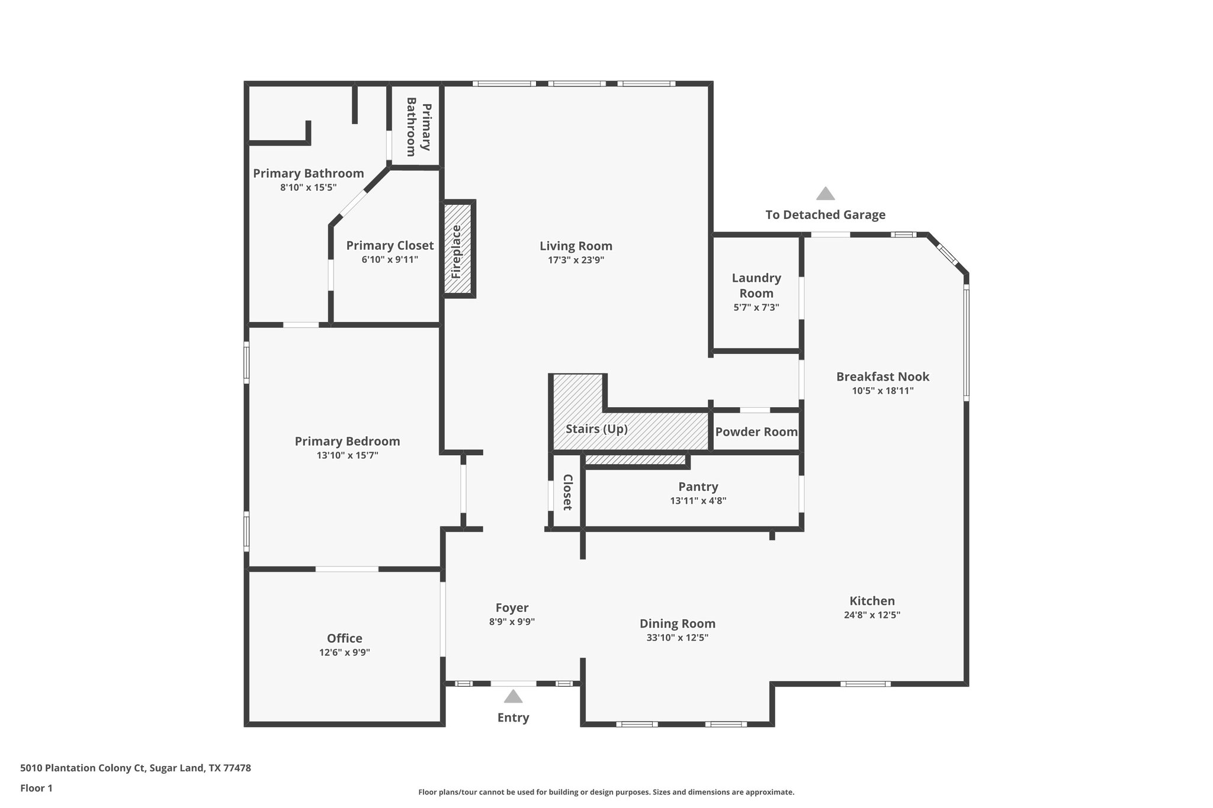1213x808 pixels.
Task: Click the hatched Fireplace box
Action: (458, 249)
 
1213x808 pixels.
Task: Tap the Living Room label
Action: (576, 246)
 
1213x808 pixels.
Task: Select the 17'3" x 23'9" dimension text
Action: (576, 260)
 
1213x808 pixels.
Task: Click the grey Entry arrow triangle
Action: (513, 696)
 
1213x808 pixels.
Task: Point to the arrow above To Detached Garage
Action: (825, 194)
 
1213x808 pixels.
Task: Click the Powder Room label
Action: (756, 432)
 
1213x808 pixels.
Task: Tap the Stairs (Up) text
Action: (596, 429)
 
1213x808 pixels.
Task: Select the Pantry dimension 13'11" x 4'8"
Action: (698, 501)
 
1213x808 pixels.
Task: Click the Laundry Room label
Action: (756, 285)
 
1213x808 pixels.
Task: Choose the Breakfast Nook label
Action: (883, 376)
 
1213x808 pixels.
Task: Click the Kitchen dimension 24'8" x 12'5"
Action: (872, 615)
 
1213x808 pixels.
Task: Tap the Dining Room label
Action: (677, 623)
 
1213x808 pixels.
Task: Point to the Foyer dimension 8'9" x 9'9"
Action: (512, 622)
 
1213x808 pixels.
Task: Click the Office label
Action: (344, 638)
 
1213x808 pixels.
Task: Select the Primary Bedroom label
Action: (347, 441)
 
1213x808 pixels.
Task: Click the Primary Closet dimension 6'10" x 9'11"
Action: (390, 260)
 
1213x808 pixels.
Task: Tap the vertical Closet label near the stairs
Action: (567, 492)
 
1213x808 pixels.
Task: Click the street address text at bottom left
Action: (136, 768)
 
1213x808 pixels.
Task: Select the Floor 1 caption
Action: (36, 788)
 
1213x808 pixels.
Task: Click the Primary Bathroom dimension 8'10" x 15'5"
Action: (308, 188)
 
